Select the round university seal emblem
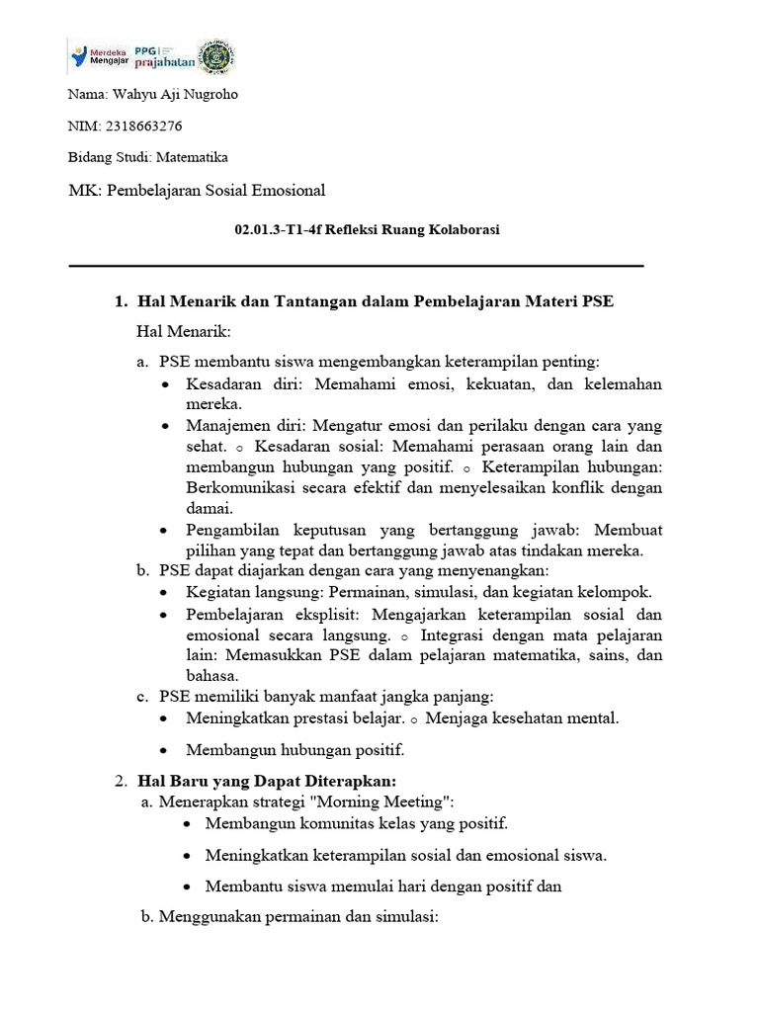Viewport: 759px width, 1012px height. tap(215, 56)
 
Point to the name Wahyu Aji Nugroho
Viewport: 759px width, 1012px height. tap(172, 95)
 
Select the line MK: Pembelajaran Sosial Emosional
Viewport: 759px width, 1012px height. tap(196, 190)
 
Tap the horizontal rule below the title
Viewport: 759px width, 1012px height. tap(356, 266)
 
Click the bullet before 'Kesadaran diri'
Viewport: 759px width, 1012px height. tap(164, 384)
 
